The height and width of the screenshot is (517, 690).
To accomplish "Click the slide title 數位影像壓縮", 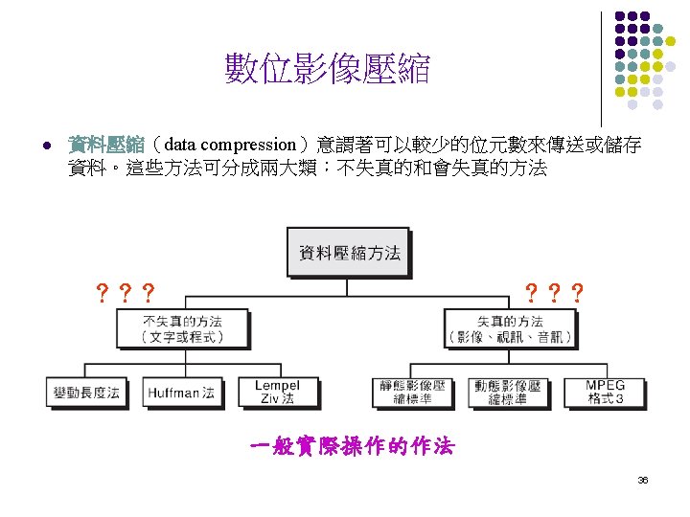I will (x=328, y=69).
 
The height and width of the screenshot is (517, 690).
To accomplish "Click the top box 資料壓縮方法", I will (x=349, y=254).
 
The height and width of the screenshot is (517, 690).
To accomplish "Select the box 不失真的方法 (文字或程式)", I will (x=182, y=328).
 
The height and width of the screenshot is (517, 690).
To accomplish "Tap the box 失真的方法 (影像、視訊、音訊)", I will (x=510, y=328).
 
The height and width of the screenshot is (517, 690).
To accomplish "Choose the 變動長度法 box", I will (x=86, y=392).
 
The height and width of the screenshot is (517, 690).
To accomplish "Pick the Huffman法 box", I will (x=181, y=392).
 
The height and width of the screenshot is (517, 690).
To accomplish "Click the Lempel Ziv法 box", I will (x=277, y=392).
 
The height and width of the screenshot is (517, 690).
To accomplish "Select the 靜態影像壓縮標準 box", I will (x=414, y=392).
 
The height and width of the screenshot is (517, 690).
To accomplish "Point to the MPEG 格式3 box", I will (x=605, y=392).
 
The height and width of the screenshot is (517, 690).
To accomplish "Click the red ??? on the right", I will (x=554, y=292).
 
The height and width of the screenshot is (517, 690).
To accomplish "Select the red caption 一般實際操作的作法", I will (x=351, y=446).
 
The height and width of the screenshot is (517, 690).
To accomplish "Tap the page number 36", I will (x=643, y=480).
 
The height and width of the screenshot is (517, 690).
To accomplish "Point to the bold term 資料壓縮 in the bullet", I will (x=105, y=145).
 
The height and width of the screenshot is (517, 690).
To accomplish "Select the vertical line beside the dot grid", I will (x=601, y=67).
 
